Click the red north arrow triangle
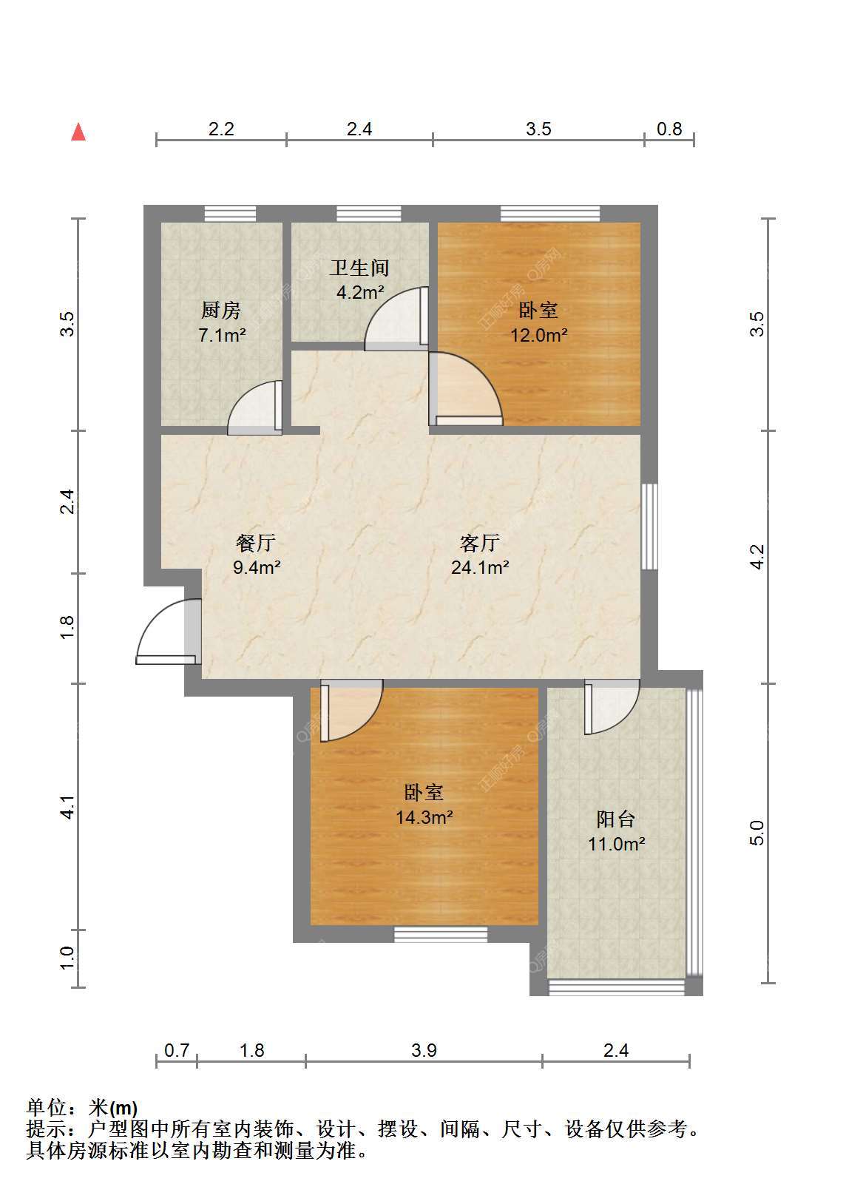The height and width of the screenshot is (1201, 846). pos(78,132)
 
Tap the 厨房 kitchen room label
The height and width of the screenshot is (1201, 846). pos(221,310)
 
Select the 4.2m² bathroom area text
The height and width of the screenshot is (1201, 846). pos(359,292)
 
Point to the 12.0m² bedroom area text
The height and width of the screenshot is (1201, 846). pos(538,335)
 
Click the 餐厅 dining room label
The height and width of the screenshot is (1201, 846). pos(256,543)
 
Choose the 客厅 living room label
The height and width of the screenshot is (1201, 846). pos(480,543)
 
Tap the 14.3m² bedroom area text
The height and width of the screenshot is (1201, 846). pos(424,817)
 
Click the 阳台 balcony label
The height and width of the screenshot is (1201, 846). pos(616,819)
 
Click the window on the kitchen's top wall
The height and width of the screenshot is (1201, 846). pos(230,214)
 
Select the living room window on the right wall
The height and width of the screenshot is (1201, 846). pos(649,527)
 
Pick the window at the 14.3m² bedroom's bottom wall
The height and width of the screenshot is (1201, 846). pos(441,935)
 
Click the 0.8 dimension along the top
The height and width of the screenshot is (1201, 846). pos(669,129)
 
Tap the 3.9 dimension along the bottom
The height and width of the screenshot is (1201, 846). pos(424,1050)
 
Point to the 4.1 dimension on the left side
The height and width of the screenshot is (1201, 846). pos(67,807)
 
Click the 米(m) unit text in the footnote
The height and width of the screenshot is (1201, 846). pos(113,1109)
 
